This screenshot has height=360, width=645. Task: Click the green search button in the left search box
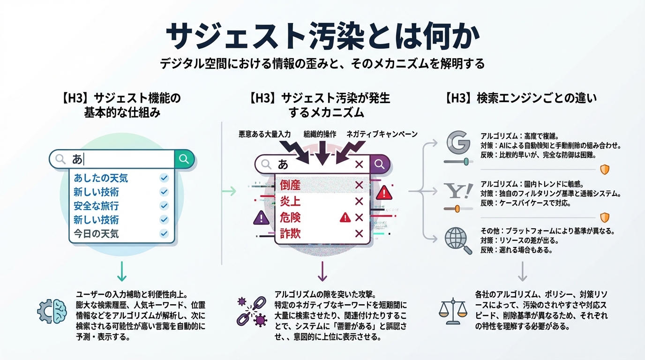click(x=184, y=159)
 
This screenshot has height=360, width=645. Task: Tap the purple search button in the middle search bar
click(x=380, y=165)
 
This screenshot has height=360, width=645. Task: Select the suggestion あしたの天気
click(x=101, y=178)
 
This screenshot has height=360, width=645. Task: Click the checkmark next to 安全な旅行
click(x=164, y=206)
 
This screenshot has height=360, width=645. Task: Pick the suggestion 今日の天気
click(x=96, y=233)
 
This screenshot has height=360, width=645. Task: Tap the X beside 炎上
click(x=359, y=202)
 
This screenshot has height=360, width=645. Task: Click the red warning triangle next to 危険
click(x=345, y=217)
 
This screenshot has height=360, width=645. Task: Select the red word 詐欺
click(x=290, y=233)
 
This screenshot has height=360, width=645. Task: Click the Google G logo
click(x=457, y=143)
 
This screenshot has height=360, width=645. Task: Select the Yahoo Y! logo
click(x=457, y=191)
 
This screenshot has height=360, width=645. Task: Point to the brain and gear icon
click(x=52, y=310)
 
